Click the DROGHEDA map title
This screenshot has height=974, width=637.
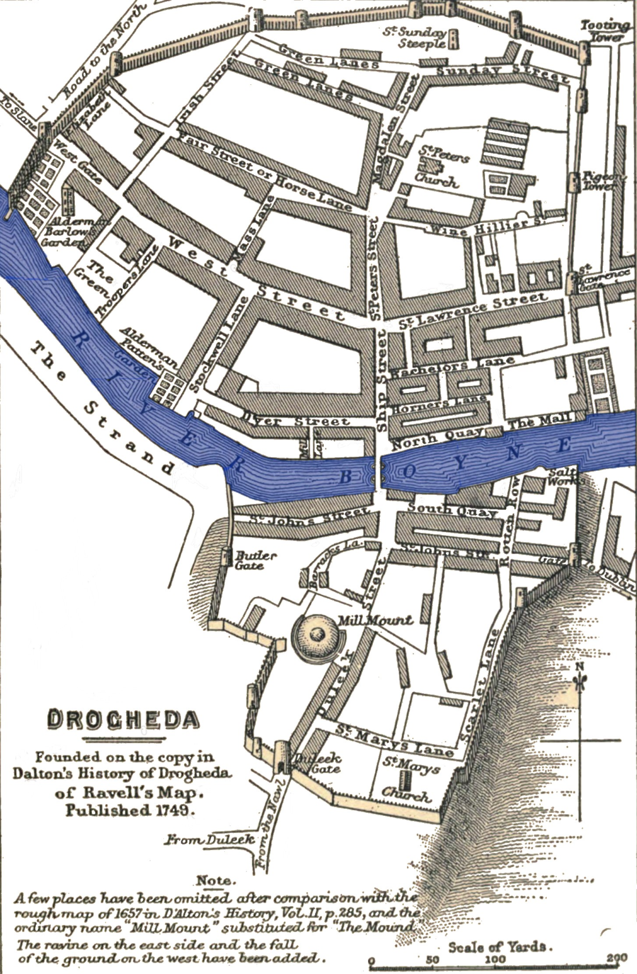pyautogui.click(x=123, y=719)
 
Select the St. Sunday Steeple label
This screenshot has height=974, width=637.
pyautogui.click(x=420, y=38)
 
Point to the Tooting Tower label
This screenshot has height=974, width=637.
pyautogui.click(x=605, y=30)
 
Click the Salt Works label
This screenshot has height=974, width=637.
pyautogui.click(x=562, y=477)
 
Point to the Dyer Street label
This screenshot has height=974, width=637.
pyautogui.click(x=294, y=420)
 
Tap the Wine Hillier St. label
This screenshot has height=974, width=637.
pyautogui.click(x=485, y=226)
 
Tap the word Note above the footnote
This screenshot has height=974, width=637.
pyautogui.click(x=215, y=880)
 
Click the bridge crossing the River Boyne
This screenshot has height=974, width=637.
pyautogui.click(x=377, y=472)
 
